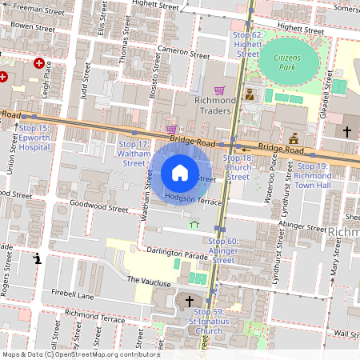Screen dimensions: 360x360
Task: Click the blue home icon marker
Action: point(180,173)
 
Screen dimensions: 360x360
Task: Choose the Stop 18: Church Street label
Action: point(238,167)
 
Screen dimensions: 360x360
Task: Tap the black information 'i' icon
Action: point(37,258)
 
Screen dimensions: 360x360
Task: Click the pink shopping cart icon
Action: point(170,129)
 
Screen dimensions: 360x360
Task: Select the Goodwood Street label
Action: point(99,209)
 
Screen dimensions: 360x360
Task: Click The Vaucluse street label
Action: point(149,282)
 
